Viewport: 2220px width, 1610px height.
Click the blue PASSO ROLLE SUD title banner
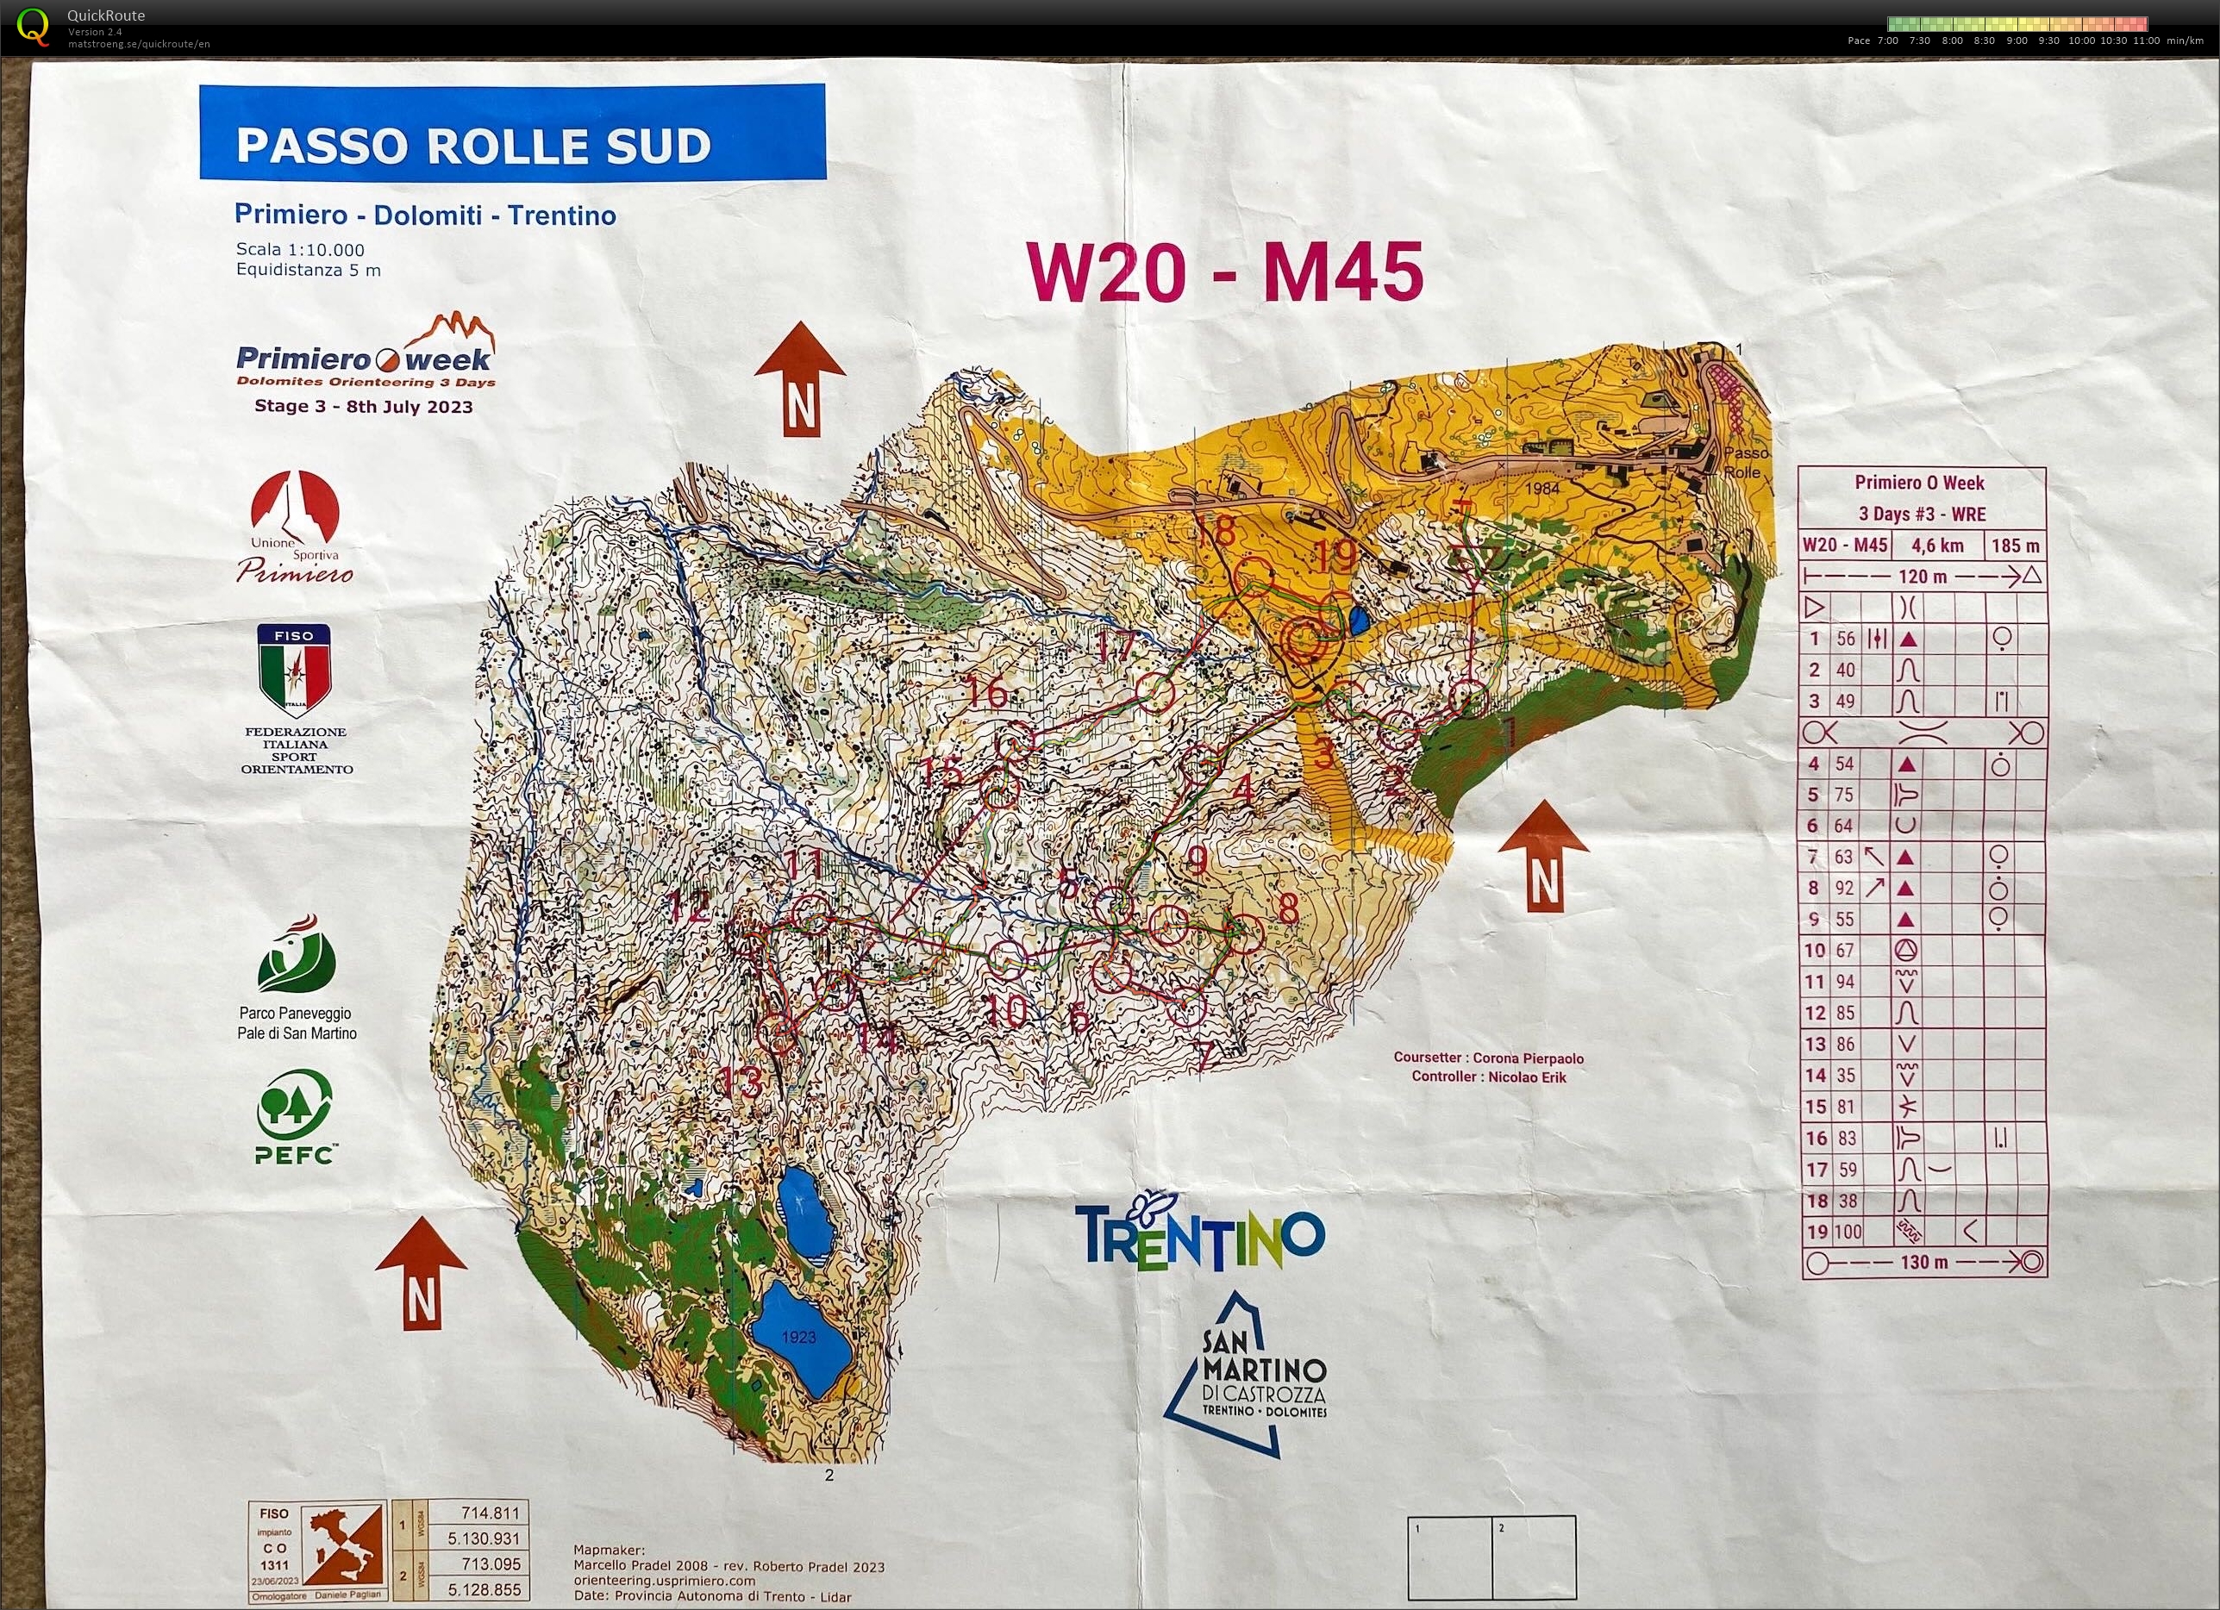coord(512,132)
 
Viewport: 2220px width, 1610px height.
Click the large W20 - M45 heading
coord(1224,272)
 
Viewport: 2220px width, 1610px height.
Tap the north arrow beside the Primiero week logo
coord(800,378)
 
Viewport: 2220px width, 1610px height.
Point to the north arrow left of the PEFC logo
coord(421,1273)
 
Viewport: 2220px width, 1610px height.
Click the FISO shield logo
coord(294,671)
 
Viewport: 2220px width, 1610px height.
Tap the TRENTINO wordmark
coord(1199,1234)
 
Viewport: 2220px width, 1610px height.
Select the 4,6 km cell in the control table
coord(1937,546)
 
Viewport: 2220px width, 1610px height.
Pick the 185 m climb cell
coord(2015,546)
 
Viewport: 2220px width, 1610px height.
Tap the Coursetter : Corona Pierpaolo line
coord(1488,1058)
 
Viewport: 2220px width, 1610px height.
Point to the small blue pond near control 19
coord(1359,620)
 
